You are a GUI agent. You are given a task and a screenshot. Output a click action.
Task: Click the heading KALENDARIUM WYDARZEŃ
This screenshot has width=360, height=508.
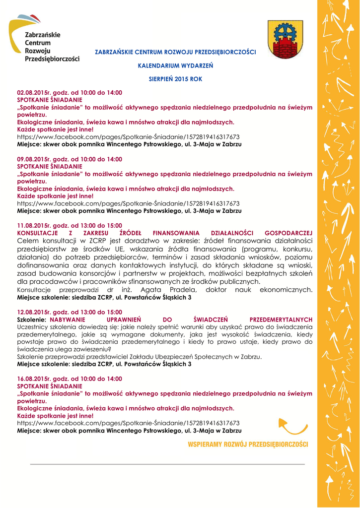pos(175,65)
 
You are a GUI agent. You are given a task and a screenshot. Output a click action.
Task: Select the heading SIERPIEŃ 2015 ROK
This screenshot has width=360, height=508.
pos(175,79)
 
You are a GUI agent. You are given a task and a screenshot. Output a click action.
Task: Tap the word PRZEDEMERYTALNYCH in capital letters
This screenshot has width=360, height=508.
pos(281,319)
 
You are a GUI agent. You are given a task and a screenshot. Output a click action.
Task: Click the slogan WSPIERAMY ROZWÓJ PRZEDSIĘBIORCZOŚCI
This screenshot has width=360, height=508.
pos(248,444)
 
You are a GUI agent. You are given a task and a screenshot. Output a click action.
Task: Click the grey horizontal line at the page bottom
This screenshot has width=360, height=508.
pos(167,464)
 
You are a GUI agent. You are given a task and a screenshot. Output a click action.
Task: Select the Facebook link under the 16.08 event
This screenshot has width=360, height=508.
pos(128,423)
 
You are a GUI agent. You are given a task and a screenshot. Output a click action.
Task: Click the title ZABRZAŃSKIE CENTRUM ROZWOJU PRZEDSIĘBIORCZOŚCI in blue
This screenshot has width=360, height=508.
pos(175,52)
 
